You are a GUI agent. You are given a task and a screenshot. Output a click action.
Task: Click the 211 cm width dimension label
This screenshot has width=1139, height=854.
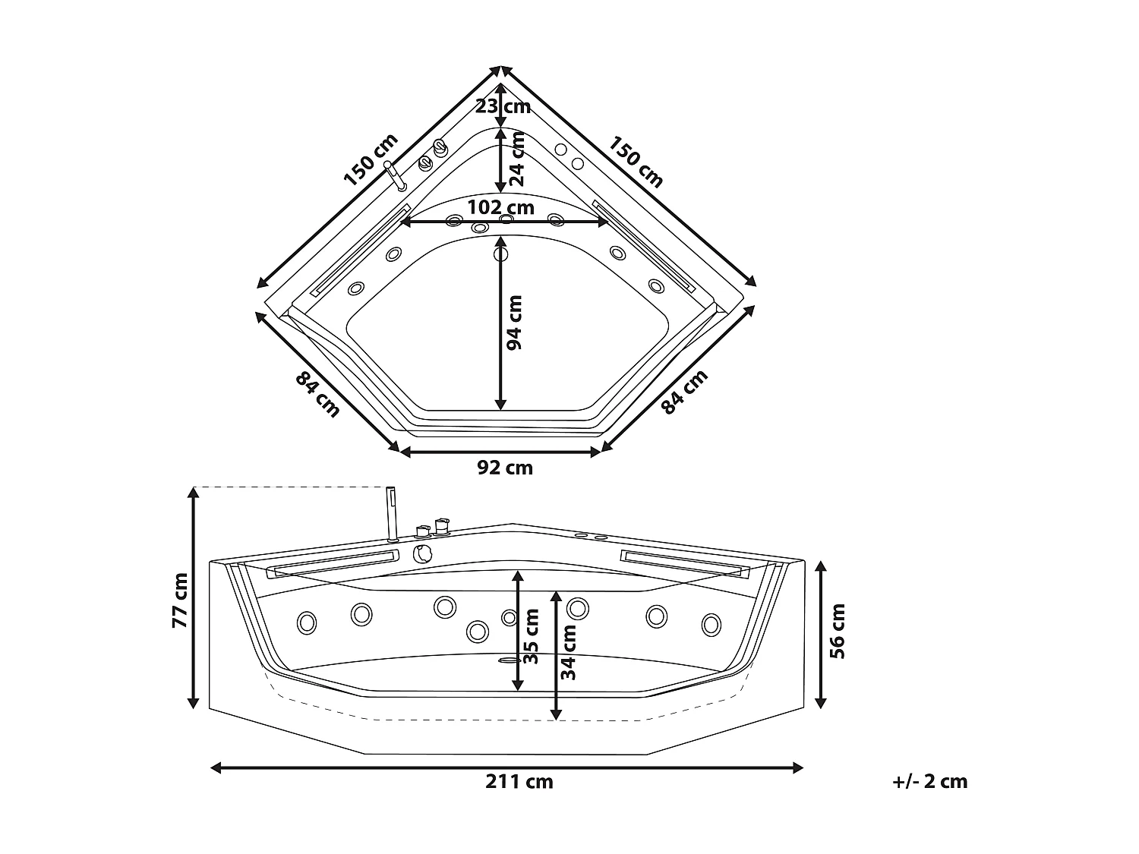(519, 781)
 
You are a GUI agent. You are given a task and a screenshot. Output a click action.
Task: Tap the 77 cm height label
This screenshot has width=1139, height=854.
(180, 600)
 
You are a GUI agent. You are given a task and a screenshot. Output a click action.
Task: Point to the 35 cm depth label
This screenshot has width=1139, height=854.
(532, 635)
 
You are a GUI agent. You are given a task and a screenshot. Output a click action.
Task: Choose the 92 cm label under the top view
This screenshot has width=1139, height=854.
(505, 468)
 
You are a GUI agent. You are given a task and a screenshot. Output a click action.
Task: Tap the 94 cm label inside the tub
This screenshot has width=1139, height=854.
(514, 322)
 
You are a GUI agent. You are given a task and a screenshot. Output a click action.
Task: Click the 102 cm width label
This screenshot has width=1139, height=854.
(500, 207)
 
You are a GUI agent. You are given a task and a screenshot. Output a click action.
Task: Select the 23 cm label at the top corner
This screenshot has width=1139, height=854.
(503, 106)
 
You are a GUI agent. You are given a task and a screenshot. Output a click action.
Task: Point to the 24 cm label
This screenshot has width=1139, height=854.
(517, 159)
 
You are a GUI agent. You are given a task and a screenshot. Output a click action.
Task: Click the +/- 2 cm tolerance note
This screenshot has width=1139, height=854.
(930, 781)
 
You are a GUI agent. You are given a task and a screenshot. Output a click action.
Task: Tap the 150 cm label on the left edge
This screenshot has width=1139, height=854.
(371, 160)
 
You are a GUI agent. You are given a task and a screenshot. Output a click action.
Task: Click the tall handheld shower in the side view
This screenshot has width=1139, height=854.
(392, 513)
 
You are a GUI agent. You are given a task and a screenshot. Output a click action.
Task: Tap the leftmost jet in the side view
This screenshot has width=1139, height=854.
(307, 622)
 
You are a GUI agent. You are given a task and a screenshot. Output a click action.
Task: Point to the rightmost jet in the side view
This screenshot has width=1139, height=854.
(711, 624)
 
